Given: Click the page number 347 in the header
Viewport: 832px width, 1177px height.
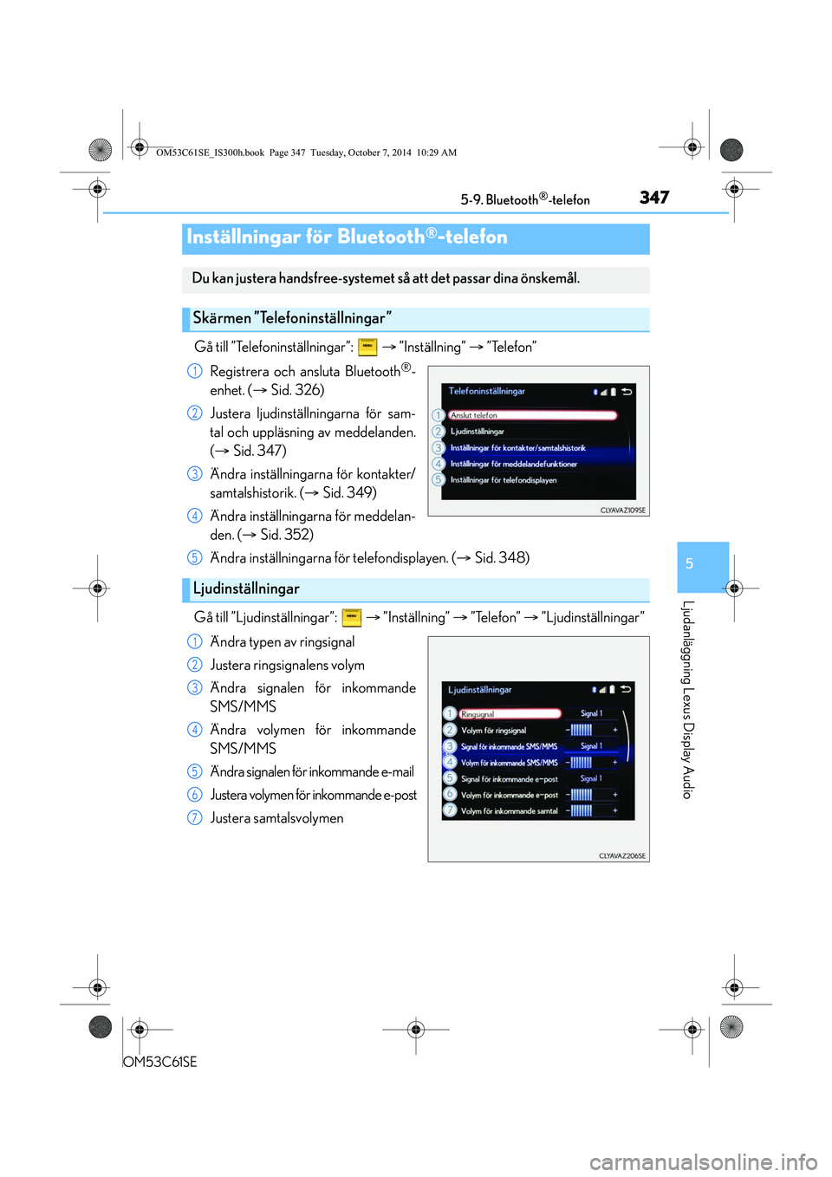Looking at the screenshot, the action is click(654, 198).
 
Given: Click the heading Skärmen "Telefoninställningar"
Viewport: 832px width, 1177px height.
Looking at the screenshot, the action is click(291, 318).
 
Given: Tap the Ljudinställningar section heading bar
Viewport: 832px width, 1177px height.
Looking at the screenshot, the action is click(415, 589).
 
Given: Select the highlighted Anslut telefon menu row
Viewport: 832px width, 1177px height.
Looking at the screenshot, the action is click(532, 415).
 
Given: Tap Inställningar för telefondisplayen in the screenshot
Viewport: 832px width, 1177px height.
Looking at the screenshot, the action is click(504, 480).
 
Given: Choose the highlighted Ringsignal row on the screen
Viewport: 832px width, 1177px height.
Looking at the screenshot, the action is click(510, 713).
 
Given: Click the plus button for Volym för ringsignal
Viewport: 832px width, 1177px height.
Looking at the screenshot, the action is click(615, 730).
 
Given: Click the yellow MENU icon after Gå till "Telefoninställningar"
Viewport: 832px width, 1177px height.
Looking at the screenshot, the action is click(367, 347).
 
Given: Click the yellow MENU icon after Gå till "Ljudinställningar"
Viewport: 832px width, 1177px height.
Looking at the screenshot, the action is click(351, 617).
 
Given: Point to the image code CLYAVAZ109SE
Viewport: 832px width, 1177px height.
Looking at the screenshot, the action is click(622, 510).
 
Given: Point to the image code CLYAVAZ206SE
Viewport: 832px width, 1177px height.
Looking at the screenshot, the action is click(622, 856).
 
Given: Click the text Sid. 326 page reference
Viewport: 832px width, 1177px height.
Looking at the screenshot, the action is click(296, 390).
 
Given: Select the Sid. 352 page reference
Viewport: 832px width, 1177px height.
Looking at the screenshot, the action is click(285, 535).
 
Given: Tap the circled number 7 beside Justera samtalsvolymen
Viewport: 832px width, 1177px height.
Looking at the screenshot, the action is click(194, 818).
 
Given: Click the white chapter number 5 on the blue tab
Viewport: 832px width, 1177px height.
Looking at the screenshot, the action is click(689, 564).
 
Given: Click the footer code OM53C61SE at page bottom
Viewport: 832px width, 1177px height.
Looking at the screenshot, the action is click(159, 1062).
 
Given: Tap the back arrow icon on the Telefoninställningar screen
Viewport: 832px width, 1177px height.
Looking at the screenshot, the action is click(627, 392).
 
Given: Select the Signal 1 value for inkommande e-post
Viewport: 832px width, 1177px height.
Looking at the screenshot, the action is click(591, 778).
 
